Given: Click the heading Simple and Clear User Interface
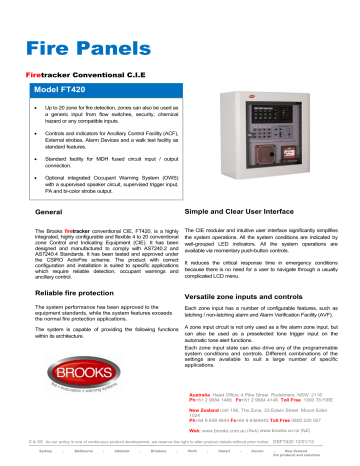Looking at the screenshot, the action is tap(245, 213).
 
